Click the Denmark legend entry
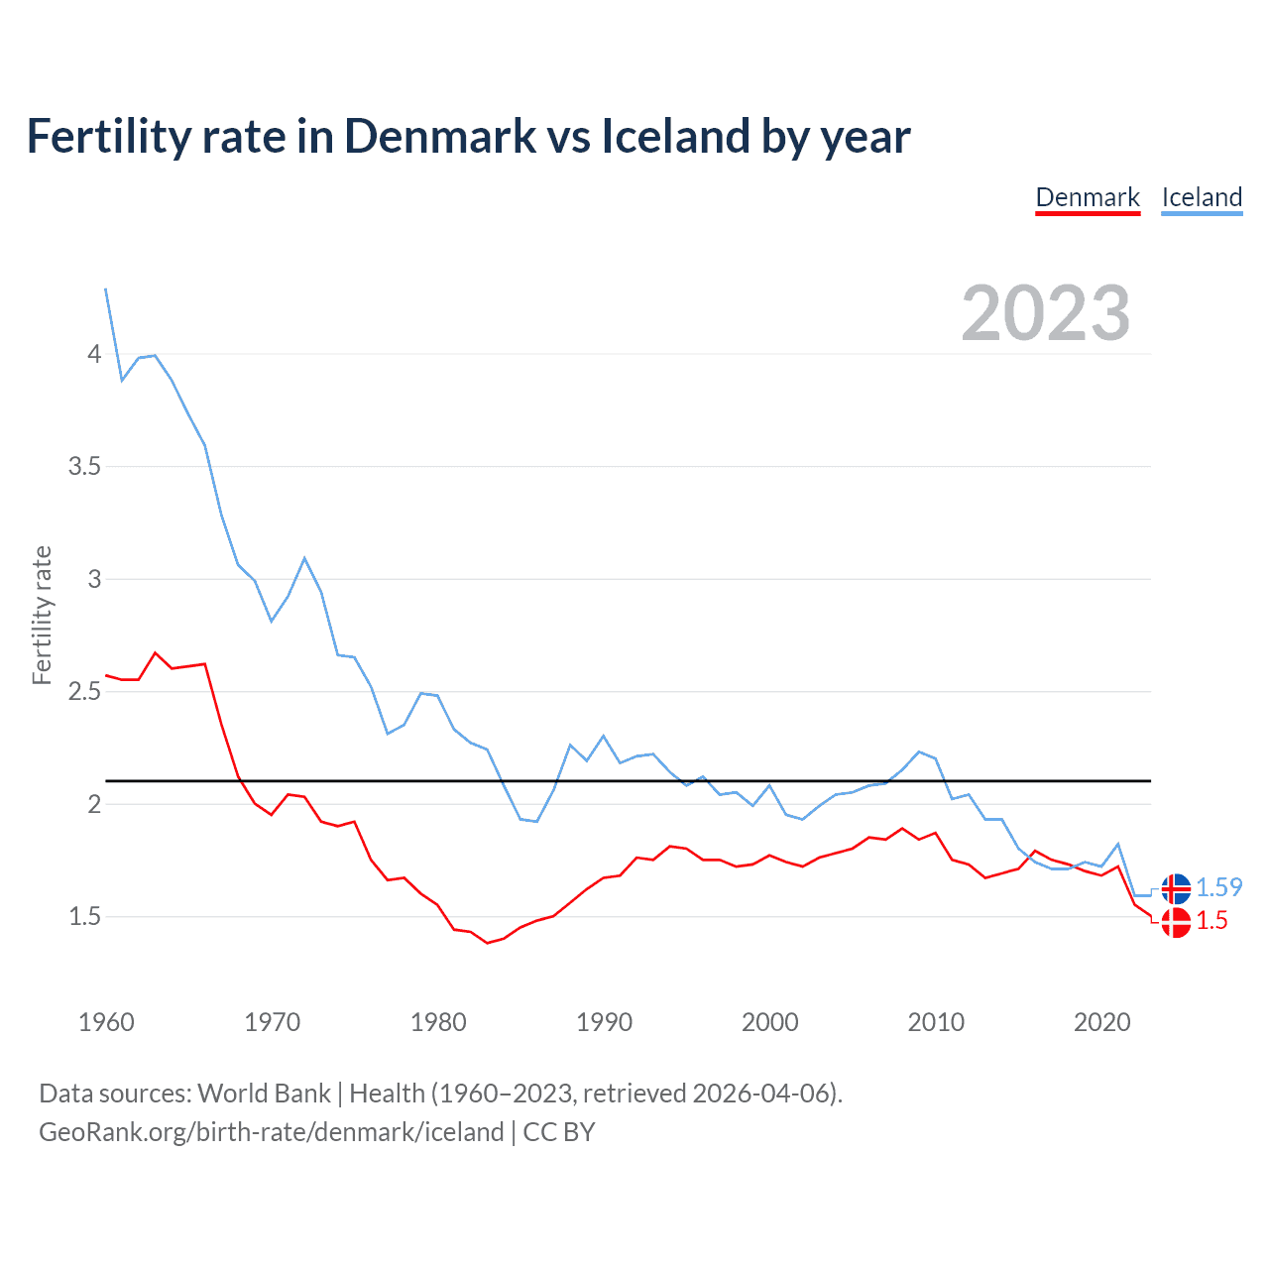pyautogui.click(x=1088, y=197)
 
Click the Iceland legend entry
pyautogui.click(x=1202, y=197)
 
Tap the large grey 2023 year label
pyautogui.click(x=1046, y=313)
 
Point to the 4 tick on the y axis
pyautogui.click(x=94, y=354)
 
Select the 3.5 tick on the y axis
pyautogui.click(x=85, y=466)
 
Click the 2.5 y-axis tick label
pyautogui.click(x=85, y=691)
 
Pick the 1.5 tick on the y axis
pyautogui.click(x=85, y=917)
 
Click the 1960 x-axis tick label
pyautogui.click(x=106, y=1022)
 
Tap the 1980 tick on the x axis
pyautogui.click(x=438, y=1022)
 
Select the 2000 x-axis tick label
pyautogui.click(x=769, y=1022)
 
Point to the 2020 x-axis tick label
pyautogui.click(x=1101, y=1022)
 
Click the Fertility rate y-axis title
pyautogui.click(x=42, y=615)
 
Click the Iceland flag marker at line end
pyautogui.click(x=1176, y=888)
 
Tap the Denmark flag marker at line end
pyautogui.click(x=1176, y=922)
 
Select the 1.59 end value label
pyautogui.click(x=1218, y=887)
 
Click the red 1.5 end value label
pyautogui.click(x=1211, y=921)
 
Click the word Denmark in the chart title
pyautogui.click(x=440, y=137)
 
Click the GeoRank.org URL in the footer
pyautogui.click(x=271, y=1132)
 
